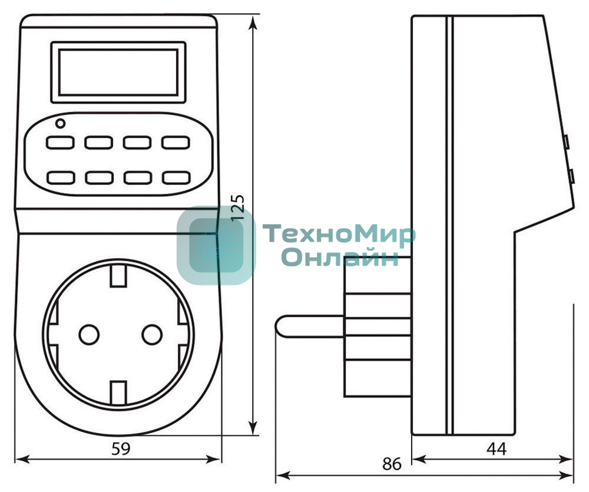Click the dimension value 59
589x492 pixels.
click(121, 448)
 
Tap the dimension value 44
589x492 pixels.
click(496, 448)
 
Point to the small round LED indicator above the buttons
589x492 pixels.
click(59, 124)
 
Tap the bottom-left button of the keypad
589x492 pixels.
click(61, 177)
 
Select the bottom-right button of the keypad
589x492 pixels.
click(176, 177)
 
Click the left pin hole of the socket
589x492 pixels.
click(88, 334)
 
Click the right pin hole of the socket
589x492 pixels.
click(152, 334)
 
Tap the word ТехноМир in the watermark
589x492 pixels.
click(339, 235)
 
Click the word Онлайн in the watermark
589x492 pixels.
click(339, 257)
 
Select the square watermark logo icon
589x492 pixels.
click(216, 246)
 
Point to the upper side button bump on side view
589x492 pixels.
click(565, 141)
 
